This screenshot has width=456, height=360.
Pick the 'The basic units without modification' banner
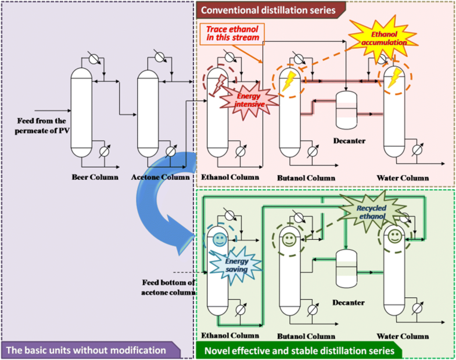(x=89, y=351)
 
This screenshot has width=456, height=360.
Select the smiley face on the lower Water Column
(x=394, y=237)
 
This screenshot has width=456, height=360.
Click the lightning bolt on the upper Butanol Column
(x=286, y=81)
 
